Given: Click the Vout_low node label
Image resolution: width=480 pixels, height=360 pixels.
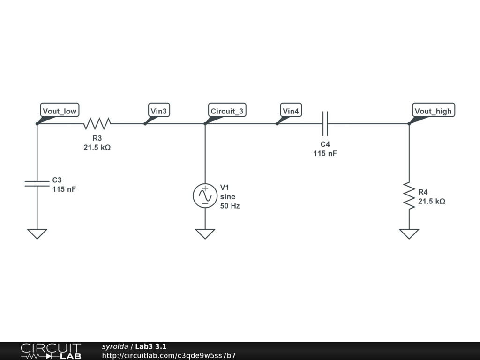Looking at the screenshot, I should [60, 111].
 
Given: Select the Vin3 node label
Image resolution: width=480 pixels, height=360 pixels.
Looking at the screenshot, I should [158, 111].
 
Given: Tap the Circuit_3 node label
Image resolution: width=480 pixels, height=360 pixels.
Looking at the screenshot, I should [227, 111].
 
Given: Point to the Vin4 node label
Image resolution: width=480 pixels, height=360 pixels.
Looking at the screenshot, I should [291, 111].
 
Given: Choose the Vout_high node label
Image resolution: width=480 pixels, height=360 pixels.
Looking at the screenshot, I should [433, 111].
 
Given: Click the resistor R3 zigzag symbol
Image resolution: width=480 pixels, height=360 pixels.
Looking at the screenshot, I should [97, 124].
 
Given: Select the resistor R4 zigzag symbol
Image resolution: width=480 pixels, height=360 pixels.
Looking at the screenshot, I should [409, 196].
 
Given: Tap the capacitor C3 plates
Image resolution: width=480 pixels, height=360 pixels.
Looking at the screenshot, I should [37, 183].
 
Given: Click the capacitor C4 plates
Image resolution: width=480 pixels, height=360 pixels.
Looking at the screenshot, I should [325, 124].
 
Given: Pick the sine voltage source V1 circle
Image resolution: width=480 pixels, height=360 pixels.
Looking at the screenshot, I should [205, 195].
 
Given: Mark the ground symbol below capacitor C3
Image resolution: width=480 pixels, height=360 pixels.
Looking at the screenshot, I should [37, 233].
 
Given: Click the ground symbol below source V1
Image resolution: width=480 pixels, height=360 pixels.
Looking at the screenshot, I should [205, 233].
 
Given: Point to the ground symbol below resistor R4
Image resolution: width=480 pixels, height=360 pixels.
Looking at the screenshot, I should [409, 233].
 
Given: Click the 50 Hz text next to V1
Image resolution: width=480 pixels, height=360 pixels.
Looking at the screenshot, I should [230, 206].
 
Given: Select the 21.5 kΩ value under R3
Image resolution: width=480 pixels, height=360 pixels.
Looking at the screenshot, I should [97, 147].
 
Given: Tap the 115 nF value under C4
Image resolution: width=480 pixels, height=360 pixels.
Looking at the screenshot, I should [325, 153].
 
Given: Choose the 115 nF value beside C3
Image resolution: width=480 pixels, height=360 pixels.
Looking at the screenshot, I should [64, 189].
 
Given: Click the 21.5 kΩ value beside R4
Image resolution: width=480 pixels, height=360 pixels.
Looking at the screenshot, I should [431, 201].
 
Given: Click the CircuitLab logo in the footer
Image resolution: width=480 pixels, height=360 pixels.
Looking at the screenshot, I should [51, 351].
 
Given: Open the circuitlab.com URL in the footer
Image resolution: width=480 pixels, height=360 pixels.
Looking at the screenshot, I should [169, 355].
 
